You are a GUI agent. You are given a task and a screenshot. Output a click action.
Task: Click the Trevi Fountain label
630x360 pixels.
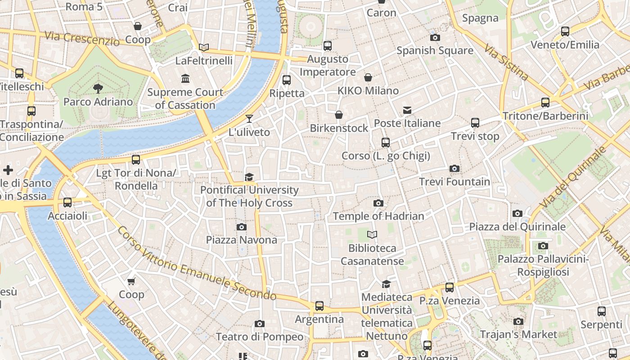(454, 182)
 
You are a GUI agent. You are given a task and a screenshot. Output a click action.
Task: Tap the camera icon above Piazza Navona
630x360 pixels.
(242, 227)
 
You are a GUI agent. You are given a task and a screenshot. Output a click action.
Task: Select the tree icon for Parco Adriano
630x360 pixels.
(98, 88)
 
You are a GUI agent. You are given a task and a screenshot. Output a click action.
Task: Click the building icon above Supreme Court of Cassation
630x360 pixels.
(185, 79)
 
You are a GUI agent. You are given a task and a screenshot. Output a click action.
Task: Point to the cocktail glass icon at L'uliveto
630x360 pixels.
(249, 119)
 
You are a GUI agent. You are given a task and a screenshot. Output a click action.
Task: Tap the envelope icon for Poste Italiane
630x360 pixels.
(407, 110)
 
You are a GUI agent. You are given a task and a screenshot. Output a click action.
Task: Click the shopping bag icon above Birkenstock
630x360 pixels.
(339, 115)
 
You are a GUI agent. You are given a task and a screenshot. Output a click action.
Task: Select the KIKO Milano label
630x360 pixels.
(368, 91)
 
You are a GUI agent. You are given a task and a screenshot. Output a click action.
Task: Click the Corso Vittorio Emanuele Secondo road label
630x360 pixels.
(197, 263)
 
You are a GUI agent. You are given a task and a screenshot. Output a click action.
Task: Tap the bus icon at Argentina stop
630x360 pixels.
(319, 306)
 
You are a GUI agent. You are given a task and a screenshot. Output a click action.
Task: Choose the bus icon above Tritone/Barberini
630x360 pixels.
(545, 103)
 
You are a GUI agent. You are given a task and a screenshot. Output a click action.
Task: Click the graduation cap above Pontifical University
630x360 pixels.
(249, 177)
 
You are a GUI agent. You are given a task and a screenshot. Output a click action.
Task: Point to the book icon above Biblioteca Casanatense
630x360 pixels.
(372, 234)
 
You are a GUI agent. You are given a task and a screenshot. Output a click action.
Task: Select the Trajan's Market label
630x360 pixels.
(518, 334)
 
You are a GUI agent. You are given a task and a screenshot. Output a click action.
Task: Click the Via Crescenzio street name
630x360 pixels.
(82, 38)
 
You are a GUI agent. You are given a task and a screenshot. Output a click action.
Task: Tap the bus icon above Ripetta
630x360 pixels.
(287, 80)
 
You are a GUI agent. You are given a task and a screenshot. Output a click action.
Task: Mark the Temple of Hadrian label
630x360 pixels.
(378, 216)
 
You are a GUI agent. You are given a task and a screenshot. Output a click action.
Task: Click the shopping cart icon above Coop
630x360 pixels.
(131, 281)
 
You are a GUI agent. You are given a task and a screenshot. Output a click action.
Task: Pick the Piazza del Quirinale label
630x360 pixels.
(517, 227)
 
